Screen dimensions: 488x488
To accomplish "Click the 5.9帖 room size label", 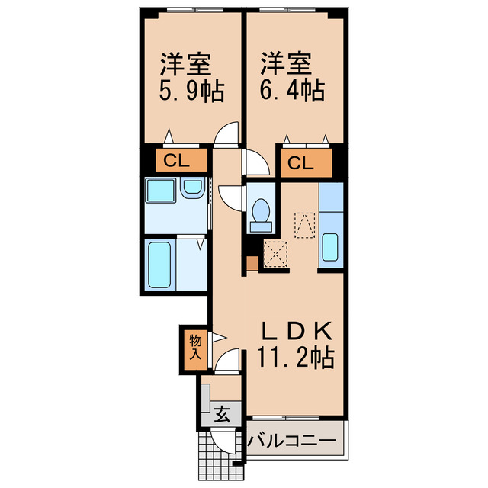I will tap(191, 93).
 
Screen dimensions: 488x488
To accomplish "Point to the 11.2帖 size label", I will tap(296, 358).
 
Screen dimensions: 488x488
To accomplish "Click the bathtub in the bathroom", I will tap(160, 262).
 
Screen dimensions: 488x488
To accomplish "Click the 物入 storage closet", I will tap(194, 348).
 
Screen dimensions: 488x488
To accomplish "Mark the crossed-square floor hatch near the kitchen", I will tap(274, 253).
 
